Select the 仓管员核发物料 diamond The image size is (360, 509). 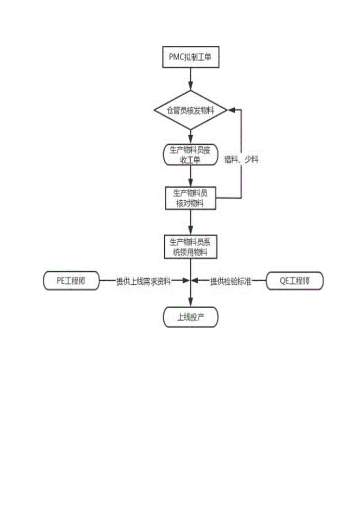pos(191,110)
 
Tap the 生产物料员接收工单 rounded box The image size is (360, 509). pos(191,155)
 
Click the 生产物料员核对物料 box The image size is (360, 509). pos(191,198)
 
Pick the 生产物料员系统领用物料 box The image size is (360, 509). pos(191,246)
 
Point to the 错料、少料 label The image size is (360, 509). pos(241,160)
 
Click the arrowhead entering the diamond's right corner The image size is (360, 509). pos(231,110)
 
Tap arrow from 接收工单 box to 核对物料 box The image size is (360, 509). pos(191,176)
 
